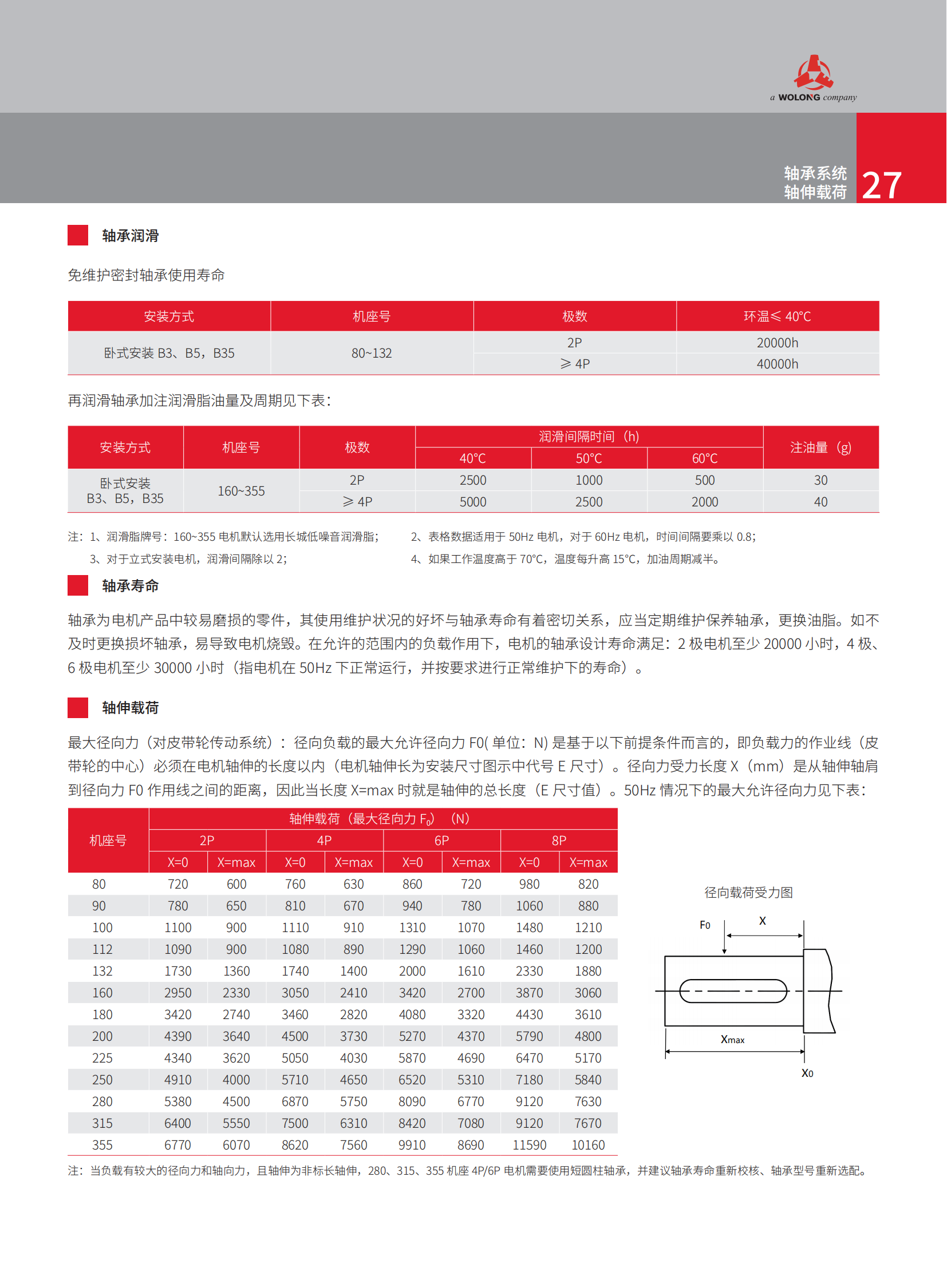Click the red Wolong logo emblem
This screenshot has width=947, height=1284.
[814, 73]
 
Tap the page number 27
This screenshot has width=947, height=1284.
[881, 185]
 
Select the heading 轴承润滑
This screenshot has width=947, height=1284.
[130, 236]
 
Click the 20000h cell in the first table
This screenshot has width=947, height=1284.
[777, 343]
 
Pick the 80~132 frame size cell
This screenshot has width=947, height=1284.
[372, 353]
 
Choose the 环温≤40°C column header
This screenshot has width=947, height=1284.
[777, 316]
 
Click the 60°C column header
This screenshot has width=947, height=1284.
[704, 458]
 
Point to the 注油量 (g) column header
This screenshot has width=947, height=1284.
[820, 447]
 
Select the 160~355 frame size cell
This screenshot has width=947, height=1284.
[241, 491]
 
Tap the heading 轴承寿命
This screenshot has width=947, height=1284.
[130, 585]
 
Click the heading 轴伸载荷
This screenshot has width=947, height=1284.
[130, 708]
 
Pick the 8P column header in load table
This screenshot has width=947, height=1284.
[558, 841]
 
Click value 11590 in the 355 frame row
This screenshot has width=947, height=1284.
[529, 1145]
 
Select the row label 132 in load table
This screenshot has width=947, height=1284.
[102, 971]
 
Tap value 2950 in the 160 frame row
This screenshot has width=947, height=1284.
[177, 993]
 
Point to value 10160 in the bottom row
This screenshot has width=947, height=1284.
[588, 1145]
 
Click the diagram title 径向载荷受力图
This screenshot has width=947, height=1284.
[748, 892]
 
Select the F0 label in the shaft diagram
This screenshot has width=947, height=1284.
[704, 925]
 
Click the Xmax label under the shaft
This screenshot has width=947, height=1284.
[732, 1039]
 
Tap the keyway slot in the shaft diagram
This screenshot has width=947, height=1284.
[733, 990]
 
